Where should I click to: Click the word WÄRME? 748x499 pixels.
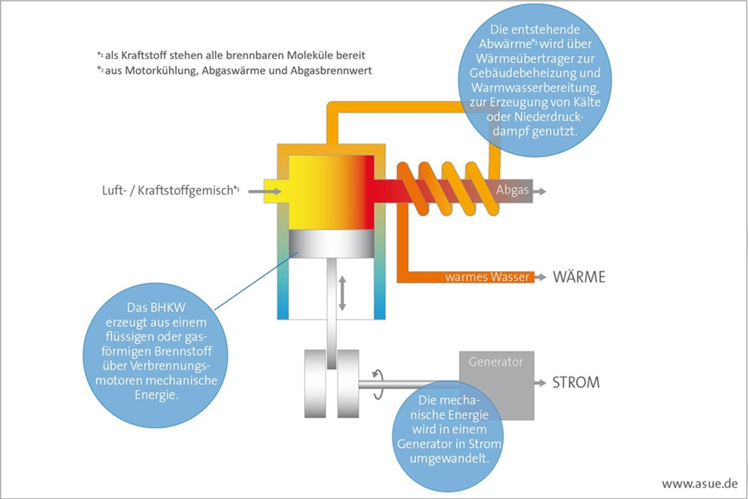pos(579,277)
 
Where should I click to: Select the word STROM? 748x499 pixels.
pos(575,383)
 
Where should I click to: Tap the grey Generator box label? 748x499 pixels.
pos(496,362)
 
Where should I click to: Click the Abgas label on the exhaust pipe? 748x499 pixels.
pos(512,191)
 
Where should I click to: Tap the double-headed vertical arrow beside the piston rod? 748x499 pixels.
pos(342,293)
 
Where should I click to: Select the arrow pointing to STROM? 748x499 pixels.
pos(540,383)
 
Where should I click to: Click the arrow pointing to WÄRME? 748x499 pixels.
pos(540,277)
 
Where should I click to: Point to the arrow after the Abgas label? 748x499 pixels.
pos(539,192)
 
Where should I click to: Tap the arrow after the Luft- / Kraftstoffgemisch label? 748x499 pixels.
pos(256,192)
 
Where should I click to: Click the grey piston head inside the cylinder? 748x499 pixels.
pos(331,245)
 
